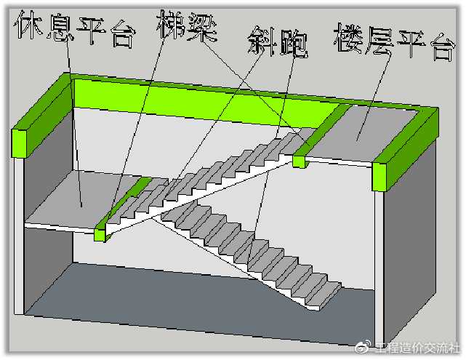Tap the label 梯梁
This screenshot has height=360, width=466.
tap(187, 26)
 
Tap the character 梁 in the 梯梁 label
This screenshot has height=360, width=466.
tap(203, 28)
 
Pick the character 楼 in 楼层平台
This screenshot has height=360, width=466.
tap(348, 39)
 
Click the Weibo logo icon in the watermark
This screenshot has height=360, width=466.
tap(363, 346)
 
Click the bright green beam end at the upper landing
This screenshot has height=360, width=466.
tap(299, 161)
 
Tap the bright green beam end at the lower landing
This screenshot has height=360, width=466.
tap(100, 235)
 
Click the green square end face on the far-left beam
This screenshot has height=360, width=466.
tap(20, 143)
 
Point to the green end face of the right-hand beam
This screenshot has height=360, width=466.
tap(379, 177)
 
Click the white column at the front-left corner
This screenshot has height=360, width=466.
tap(19, 236)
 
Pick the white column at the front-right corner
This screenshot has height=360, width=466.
tap(379, 268)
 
